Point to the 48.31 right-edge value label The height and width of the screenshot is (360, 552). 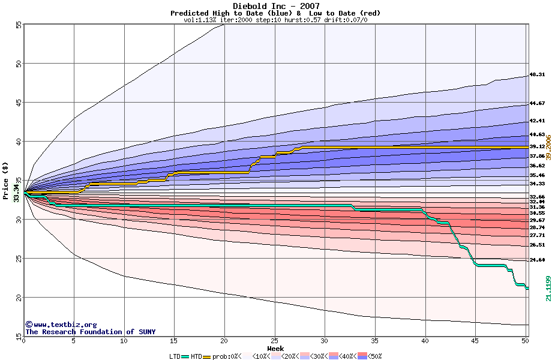click(537, 75)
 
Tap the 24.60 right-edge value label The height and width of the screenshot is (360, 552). click(537, 260)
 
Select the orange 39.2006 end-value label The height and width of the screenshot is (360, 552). click(548, 148)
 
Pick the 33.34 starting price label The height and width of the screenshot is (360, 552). click(16, 193)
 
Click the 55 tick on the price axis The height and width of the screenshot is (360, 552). click(18, 25)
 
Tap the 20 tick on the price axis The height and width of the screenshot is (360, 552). click(18, 298)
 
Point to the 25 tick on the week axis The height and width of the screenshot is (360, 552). click(274, 341)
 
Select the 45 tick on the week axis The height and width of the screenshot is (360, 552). click(475, 341)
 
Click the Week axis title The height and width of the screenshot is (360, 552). click(275, 348)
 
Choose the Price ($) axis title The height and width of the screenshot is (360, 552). click(6, 182)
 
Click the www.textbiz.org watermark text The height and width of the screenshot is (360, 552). click(61, 324)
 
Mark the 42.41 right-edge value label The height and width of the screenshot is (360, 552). click(537, 121)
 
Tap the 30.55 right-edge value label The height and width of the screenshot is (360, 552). click(537, 213)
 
